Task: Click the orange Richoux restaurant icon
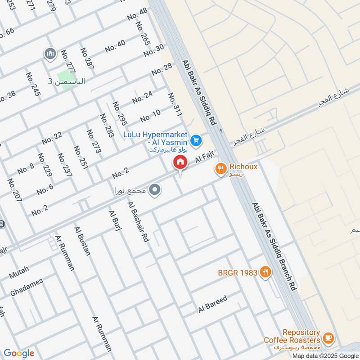[220, 169]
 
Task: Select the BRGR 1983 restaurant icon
[266, 272]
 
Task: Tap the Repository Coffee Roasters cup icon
[328, 337]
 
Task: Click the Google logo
[19, 353]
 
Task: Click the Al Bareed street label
[213, 305]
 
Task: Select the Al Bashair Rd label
[139, 223]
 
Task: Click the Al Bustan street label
[83, 241]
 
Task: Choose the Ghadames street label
[27, 288]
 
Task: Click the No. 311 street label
[174, 105]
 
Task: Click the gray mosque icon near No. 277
[49, 54]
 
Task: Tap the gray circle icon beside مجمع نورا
[155, 190]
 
